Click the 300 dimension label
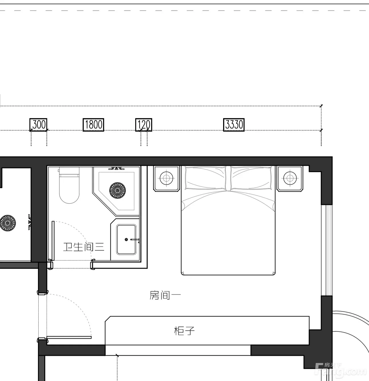[38, 125]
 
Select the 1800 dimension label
[93, 125]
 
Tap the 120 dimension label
[144, 125]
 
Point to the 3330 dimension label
[234, 125]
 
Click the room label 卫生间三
[84, 247]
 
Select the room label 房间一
[165, 295]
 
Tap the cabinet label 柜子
[184, 331]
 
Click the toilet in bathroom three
[69, 185]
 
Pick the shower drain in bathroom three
[118, 190]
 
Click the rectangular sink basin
[126, 240]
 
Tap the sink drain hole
[126, 239]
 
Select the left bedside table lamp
[166, 178]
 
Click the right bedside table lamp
[290, 178]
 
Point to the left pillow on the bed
[205, 178]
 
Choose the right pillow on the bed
[251, 178]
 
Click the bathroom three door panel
[53, 241]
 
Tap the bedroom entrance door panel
[69, 337]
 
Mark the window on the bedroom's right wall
[327, 250]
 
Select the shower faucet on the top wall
[116, 168]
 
